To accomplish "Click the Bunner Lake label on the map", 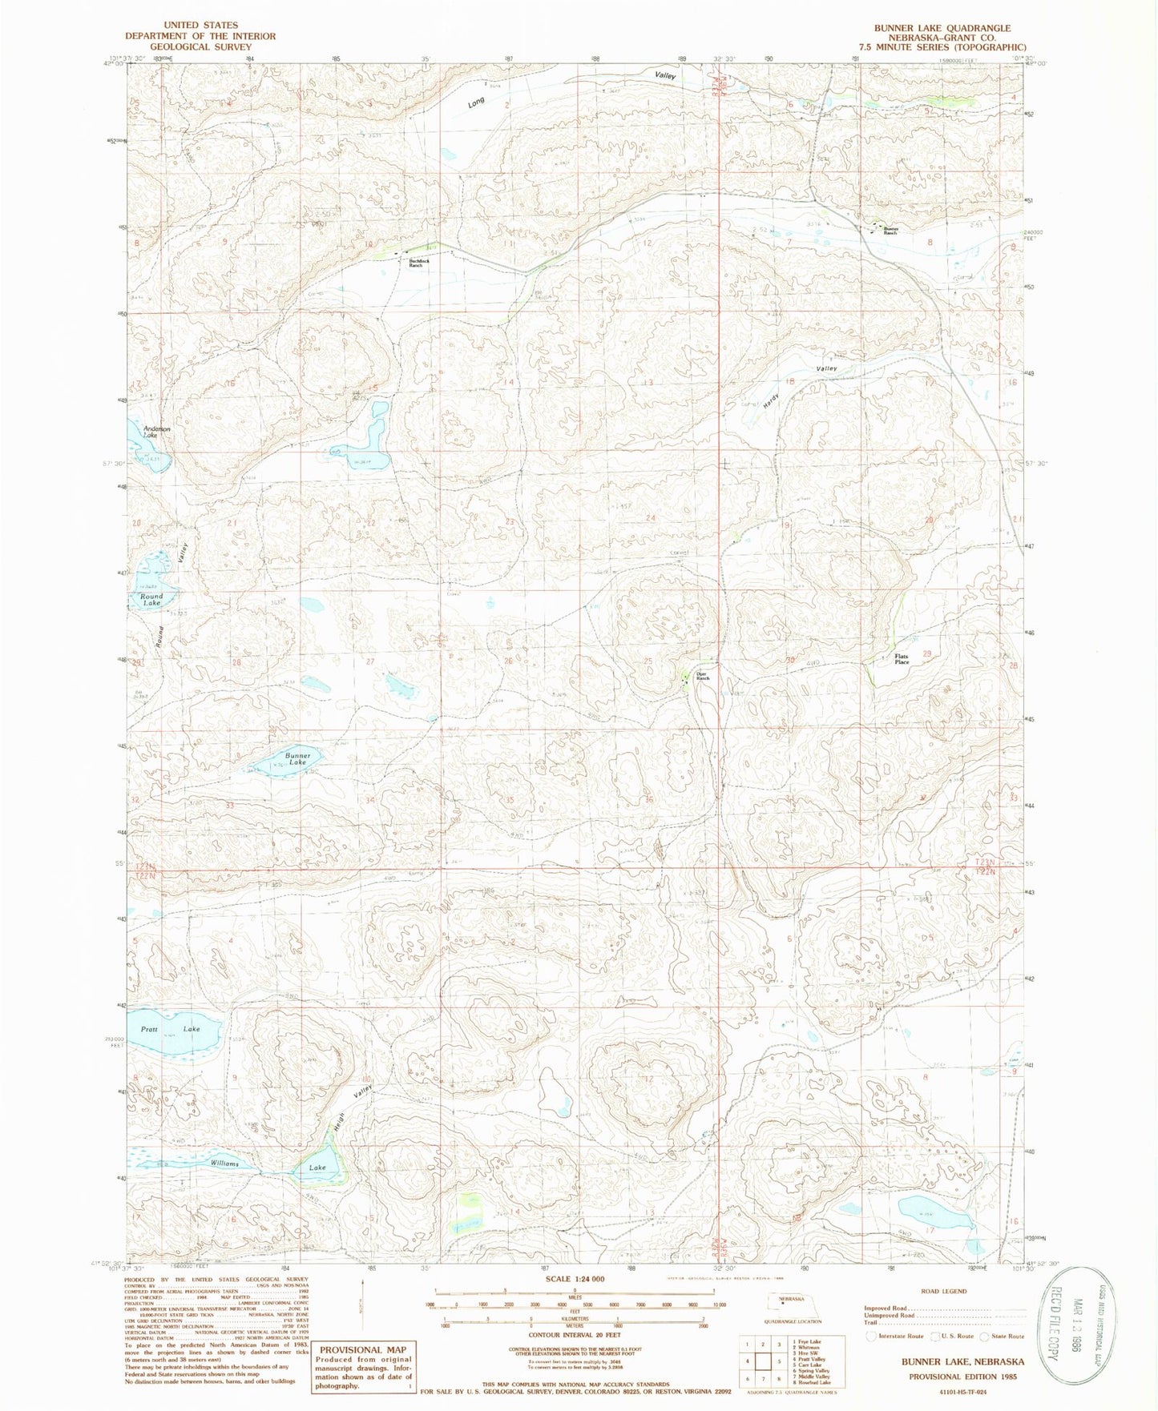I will tap(297, 758).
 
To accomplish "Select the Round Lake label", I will tap(151, 599).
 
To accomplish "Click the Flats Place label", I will tap(902, 659).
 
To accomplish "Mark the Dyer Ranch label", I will tap(703, 676).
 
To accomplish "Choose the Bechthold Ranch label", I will tap(414, 262).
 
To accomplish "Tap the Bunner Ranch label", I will tap(891, 231).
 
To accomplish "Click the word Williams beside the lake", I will tap(225, 1163).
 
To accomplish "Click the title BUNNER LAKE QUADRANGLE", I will tap(942, 28).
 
